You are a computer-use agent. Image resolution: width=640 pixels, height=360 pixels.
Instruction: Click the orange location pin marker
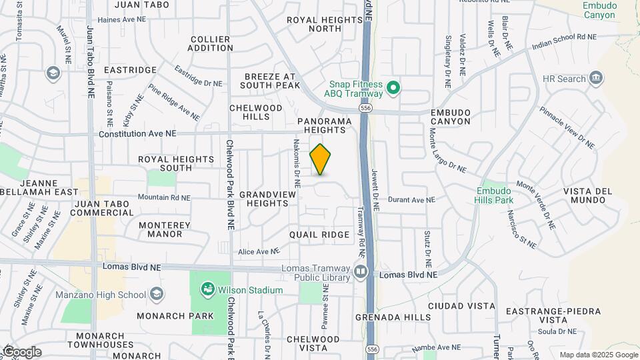pos(321,159)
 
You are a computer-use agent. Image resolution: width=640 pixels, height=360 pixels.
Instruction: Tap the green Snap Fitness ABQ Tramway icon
pos(393,87)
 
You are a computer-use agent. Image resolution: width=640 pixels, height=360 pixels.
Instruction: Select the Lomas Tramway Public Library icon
pos(361,271)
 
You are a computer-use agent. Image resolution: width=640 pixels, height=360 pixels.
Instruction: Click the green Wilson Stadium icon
pos(208,289)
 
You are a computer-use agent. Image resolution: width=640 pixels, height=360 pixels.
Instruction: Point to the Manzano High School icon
pos(157,294)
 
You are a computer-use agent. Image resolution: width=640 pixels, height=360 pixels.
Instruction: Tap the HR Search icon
pos(596,78)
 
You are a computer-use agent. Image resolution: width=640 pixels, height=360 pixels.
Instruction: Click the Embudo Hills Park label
pos(495,194)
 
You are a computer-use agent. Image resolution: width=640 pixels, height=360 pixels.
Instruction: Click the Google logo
pos(22,352)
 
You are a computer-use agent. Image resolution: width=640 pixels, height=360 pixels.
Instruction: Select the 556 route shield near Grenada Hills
pos(372,349)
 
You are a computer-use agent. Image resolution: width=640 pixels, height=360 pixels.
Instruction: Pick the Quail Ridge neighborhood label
pos(319,235)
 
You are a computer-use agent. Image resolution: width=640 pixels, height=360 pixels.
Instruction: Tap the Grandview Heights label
pos(263,198)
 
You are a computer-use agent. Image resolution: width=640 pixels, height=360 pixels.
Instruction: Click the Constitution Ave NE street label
pos(137,133)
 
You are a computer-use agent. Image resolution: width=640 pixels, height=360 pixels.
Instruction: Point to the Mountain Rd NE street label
pos(164,197)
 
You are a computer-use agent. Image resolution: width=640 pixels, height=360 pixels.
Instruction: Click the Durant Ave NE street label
pos(412,199)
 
